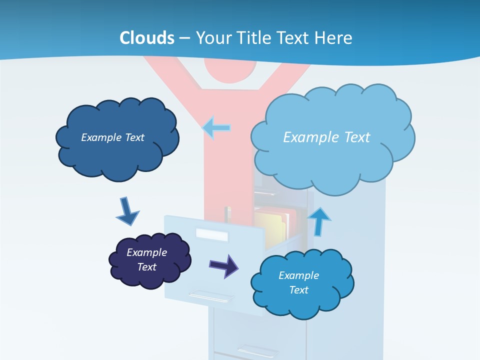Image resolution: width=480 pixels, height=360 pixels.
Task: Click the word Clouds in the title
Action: point(147,38)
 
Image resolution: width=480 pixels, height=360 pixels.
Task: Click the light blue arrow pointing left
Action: point(216,128)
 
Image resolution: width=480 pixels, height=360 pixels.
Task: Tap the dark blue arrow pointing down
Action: point(127,211)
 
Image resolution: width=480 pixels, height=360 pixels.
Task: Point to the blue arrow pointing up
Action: point(319,221)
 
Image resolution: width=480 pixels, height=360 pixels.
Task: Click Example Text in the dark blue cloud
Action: point(112,137)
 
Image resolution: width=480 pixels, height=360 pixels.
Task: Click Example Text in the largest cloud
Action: point(326,137)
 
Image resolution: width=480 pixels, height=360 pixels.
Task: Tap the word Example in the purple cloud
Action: point(146,252)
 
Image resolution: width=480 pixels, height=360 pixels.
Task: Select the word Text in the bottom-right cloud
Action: point(298,290)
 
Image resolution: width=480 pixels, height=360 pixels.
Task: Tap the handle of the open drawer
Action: point(210,296)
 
